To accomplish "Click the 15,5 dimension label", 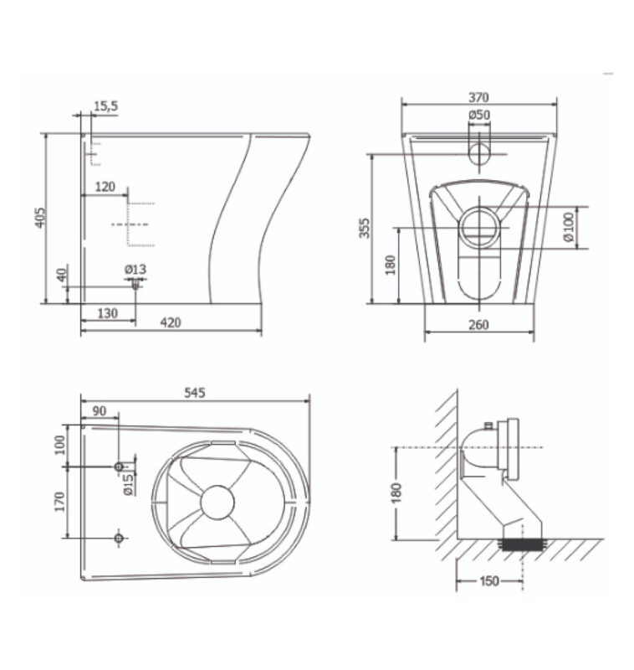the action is pos(105,106).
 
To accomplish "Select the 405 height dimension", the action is pos(39,218).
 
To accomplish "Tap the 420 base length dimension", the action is pos(171,322).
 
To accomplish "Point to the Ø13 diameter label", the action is pos(135,270).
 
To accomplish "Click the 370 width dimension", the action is pos(478,97).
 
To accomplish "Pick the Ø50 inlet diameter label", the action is pos(479,115).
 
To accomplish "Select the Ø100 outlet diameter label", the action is pos(569,226).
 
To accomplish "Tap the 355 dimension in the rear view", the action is pos(365,228).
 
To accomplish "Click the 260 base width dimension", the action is pos(478,325).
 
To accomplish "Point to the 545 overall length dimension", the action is pos(195,393).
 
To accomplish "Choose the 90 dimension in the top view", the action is pos(99,411).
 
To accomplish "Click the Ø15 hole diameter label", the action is pos(129,483).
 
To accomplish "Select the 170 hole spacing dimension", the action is pos(59,502).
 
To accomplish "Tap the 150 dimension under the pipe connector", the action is pos(489,581).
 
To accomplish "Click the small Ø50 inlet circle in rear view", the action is pos(479,154).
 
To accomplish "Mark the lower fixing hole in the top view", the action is pos(119,538).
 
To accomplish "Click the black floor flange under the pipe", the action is pos(523,545).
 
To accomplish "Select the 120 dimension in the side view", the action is pos(105,187).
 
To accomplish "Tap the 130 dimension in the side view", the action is pos(108,313).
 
